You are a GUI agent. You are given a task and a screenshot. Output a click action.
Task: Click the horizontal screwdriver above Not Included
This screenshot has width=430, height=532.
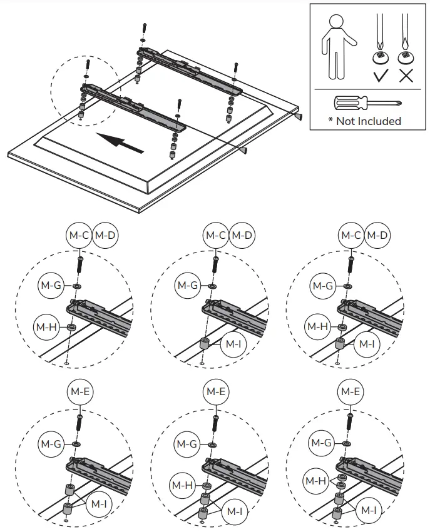(367, 103)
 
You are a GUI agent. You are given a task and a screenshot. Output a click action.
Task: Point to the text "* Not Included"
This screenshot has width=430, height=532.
(364, 121)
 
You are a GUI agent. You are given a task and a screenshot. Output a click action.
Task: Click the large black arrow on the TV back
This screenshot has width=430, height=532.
(121, 142)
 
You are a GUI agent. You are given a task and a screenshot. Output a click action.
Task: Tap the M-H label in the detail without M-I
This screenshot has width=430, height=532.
(46, 326)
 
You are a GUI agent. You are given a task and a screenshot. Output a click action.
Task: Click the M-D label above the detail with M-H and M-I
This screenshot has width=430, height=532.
(377, 236)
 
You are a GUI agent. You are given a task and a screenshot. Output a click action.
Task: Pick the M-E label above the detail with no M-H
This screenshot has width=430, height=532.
(79, 392)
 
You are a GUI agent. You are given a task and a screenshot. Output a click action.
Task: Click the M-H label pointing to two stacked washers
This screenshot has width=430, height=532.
(316, 481)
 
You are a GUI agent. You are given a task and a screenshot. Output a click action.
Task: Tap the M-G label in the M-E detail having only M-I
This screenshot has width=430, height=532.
(51, 443)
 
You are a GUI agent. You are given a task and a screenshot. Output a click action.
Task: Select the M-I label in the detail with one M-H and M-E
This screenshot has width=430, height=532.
(235, 511)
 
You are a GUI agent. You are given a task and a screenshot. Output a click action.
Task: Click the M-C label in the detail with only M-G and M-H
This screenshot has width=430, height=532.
(79, 236)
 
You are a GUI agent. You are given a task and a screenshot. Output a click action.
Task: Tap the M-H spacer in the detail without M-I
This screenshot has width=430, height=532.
(71, 327)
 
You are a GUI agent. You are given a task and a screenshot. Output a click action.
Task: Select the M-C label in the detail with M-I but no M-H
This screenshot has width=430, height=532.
(215, 236)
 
